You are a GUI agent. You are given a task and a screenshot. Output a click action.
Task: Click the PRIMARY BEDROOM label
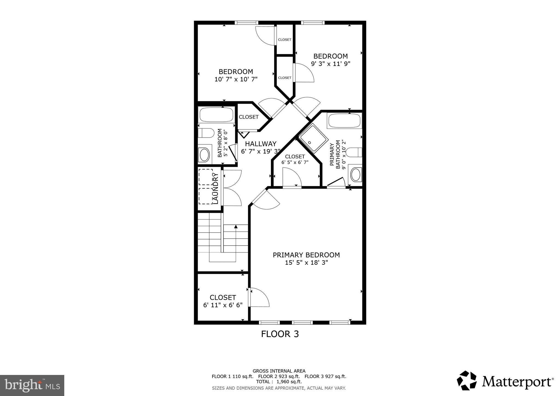pos(306,255)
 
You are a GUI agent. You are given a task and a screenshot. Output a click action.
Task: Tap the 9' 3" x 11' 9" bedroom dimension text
pos(331,64)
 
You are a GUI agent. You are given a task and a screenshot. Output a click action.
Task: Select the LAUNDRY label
pos(215,188)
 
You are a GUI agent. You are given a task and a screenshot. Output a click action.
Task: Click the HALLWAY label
pos(261,144)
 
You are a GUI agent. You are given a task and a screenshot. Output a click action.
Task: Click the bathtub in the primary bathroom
pos(344,121)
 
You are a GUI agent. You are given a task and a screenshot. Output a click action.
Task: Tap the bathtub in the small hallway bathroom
pos(216,115)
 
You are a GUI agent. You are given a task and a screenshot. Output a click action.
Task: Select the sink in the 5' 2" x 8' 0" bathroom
pos(204,155)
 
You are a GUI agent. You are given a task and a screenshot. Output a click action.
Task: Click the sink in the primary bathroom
pos(356,175)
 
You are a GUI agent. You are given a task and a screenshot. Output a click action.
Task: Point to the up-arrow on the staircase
pos(236,226)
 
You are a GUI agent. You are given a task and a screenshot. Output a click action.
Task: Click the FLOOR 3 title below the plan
pos(280,334)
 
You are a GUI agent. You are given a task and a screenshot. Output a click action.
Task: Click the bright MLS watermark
pos(32,386)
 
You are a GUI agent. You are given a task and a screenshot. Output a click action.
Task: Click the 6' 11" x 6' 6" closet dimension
pos(223,305)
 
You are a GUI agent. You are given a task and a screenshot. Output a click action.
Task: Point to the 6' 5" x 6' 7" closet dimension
pos(295,162)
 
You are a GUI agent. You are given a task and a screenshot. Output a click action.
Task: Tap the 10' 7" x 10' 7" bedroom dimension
pos(236,79)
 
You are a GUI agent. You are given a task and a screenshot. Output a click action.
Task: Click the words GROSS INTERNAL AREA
pos(279,371)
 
